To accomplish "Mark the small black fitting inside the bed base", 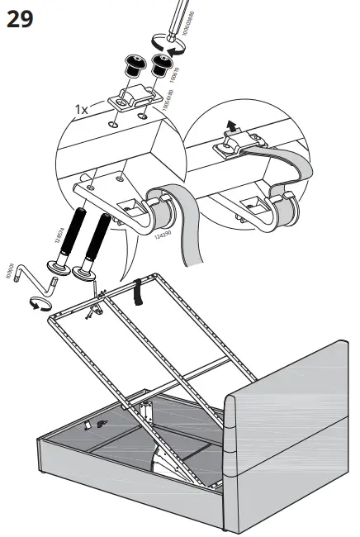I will click(102, 422).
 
